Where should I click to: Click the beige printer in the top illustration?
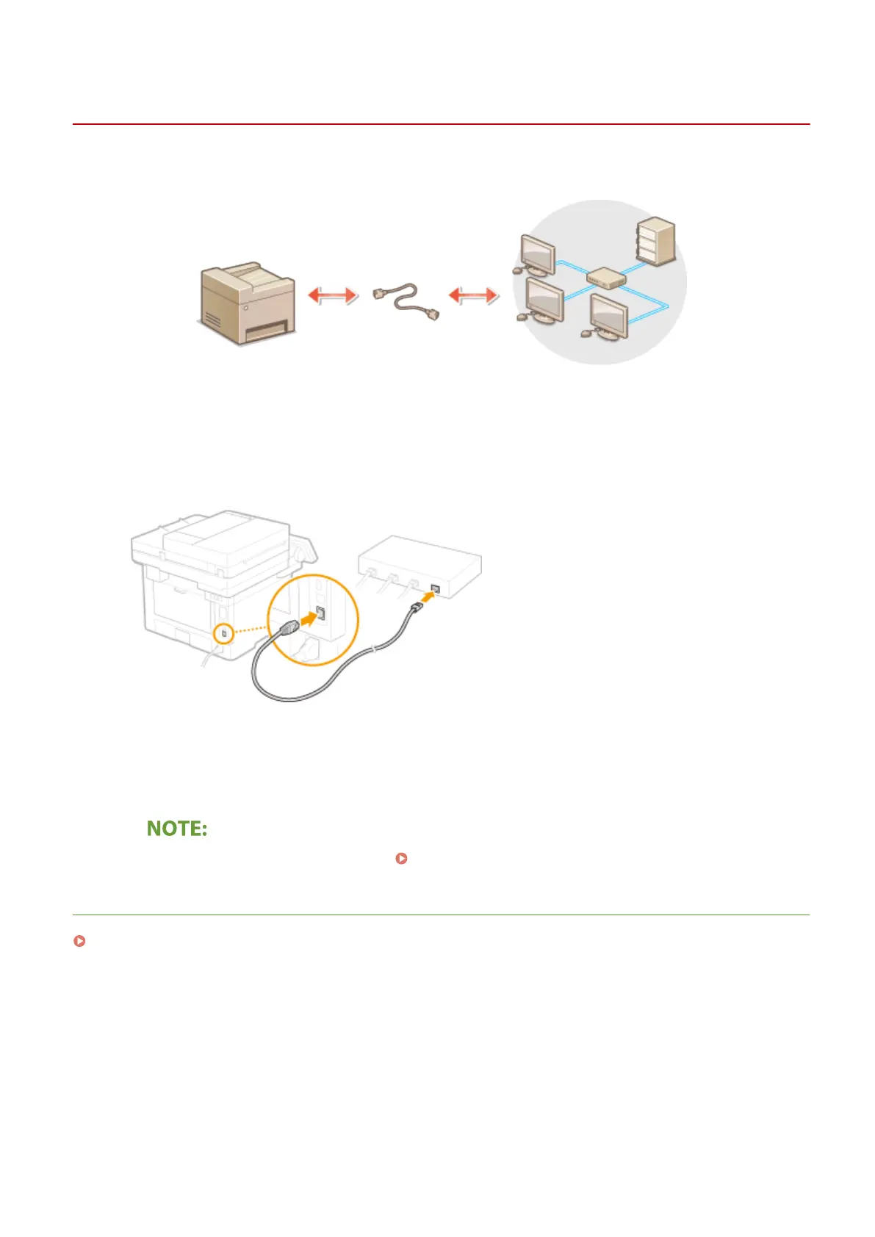(x=248, y=303)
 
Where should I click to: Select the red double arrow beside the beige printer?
(x=332, y=295)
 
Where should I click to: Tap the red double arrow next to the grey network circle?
(x=473, y=295)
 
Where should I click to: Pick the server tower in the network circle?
(x=656, y=240)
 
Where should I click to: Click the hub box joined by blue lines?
(x=606, y=278)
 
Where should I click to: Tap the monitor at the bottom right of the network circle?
(x=609, y=317)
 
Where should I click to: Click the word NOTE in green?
(x=177, y=829)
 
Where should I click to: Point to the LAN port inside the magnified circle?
(x=321, y=613)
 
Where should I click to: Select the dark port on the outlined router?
(x=436, y=588)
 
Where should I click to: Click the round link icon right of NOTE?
(x=401, y=858)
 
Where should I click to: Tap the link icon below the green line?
(x=79, y=941)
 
